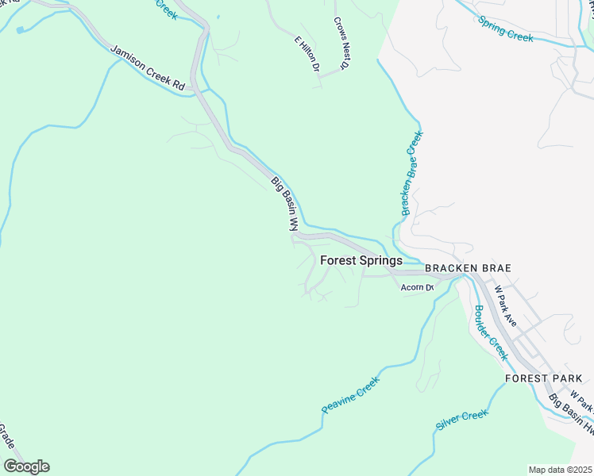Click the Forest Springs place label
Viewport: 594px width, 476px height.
click(361, 260)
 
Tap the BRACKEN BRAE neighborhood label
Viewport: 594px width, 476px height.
click(467, 268)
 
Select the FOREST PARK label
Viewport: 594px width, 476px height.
click(538, 378)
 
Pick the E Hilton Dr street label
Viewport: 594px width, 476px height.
click(307, 54)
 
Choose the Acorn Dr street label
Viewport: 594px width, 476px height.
click(417, 287)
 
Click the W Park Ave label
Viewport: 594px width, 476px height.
click(506, 305)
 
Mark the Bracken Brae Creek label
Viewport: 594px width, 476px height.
click(412, 173)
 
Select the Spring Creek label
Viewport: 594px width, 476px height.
click(505, 30)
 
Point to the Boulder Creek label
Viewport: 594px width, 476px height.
click(490, 332)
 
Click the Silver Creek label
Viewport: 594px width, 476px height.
click(461, 420)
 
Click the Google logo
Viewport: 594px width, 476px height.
click(26, 466)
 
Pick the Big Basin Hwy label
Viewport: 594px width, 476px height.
click(572, 417)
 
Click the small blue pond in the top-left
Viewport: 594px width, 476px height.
click(20, 29)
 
